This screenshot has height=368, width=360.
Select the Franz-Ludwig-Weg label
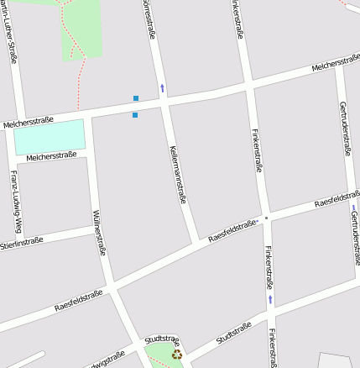(x=14, y=192)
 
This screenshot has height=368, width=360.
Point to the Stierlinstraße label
(x=21, y=244)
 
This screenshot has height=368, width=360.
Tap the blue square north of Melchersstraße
(x=135, y=98)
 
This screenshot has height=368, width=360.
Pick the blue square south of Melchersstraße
(x=134, y=115)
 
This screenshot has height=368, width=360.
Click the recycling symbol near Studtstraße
(x=176, y=355)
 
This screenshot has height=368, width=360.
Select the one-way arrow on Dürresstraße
(x=162, y=87)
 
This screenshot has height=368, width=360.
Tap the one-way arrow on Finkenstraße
(x=270, y=299)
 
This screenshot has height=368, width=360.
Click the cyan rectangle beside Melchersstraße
(x=50, y=136)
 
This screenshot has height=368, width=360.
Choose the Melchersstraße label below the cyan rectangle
(x=51, y=155)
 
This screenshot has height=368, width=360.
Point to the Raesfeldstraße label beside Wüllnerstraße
(x=78, y=300)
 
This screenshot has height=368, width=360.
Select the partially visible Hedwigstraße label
(x=102, y=360)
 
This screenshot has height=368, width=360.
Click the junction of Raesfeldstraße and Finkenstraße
(x=266, y=218)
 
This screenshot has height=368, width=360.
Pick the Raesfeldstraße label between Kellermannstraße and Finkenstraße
(x=232, y=229)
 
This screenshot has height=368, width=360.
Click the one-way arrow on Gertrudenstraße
(x=353, y=208)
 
